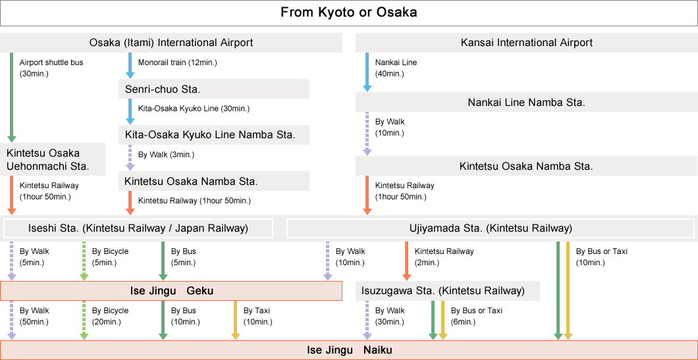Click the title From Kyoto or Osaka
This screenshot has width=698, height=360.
(x=348, y=13)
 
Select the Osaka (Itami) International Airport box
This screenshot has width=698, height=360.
(x=171, y=43)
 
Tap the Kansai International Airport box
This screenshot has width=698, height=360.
(x=527, y=43)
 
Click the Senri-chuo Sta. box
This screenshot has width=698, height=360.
(x=213, y=89)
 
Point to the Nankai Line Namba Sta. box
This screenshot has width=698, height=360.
(x=527, y=102)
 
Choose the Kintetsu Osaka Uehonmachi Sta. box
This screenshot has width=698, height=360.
(x=53, y=159)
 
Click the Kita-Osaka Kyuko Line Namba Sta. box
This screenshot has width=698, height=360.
(x=213, y=135)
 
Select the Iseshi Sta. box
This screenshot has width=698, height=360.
(x=138, y=228)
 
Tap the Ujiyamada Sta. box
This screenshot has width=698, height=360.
(x=491, y=228)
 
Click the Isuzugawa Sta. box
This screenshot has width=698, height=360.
(x=447, y=291)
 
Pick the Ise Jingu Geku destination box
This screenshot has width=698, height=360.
(x=171, y=291)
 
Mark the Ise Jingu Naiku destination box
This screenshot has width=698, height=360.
(x=349, y=350)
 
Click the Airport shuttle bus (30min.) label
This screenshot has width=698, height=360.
(x=51, y=68)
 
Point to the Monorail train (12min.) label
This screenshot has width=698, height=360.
(x=178, y=63)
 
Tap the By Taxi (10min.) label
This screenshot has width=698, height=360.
(x=257, y=316)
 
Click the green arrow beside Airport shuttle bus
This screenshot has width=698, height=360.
(x=12, y=97)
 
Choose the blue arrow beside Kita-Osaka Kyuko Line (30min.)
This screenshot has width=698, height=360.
(x=130, y=112)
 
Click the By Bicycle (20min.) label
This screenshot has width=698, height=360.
(x=110, y=316)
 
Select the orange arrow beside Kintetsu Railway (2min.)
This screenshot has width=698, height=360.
(x=406, y=261)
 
